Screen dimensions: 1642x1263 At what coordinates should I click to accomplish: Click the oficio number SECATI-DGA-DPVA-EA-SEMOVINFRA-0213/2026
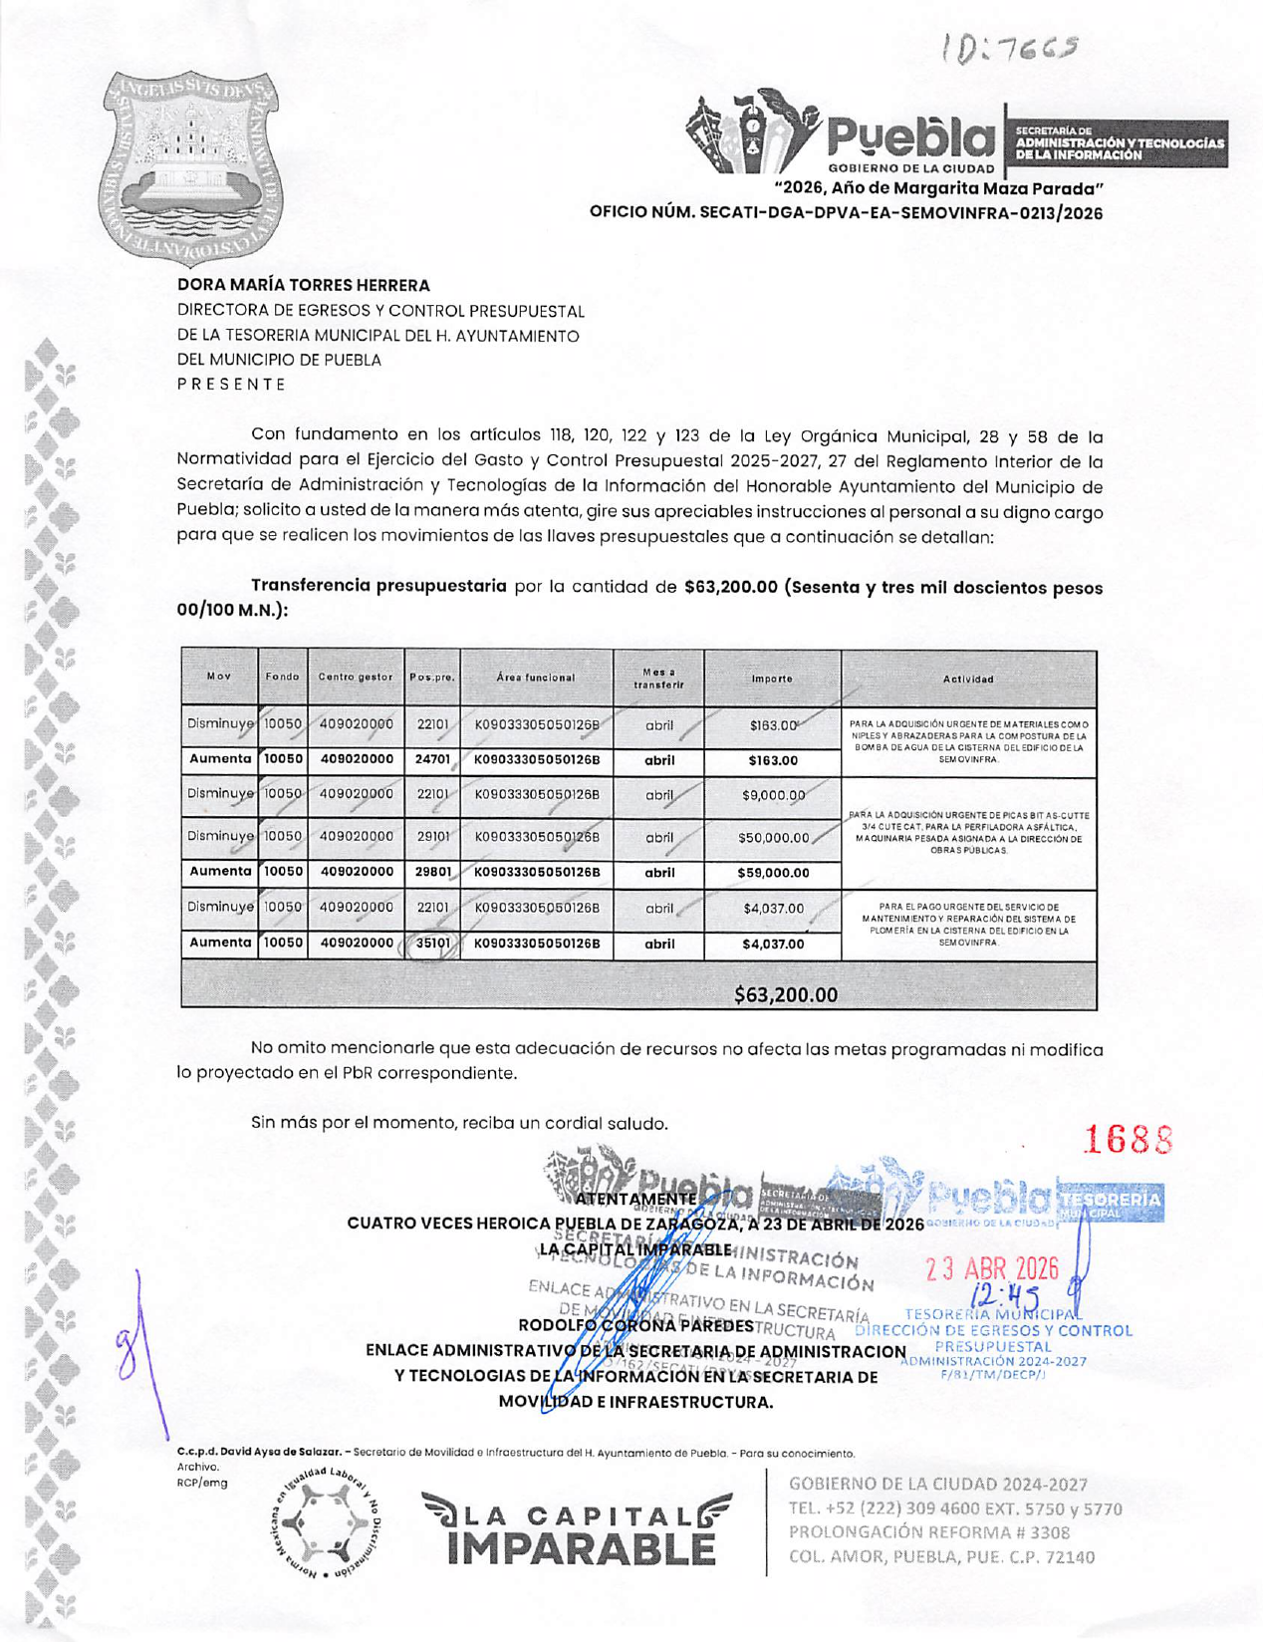coord(846,212)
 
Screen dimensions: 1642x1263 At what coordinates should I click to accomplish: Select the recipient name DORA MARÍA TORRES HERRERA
coord(304,285)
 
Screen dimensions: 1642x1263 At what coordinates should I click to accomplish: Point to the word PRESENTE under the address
coord(232,385)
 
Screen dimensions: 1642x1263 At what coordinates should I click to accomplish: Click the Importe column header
coord(772,679)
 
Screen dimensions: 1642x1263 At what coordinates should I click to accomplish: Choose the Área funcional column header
coord(536,678)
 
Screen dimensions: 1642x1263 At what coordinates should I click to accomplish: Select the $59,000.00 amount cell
coord(773,873)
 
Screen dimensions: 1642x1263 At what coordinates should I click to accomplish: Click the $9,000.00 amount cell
coord(773,795)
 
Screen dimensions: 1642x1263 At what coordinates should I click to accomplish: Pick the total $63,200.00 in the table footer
coord(785,994)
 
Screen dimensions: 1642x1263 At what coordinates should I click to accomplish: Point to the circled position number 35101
coord(433,943)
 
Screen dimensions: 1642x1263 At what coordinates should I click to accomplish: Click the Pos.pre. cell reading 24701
coord(433,759)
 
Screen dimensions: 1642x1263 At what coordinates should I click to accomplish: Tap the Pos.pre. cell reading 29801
coord(433,872)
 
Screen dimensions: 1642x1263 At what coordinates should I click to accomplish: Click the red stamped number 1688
coord(1128,1139)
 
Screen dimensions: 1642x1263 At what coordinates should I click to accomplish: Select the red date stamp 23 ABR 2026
coord(991,1268)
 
